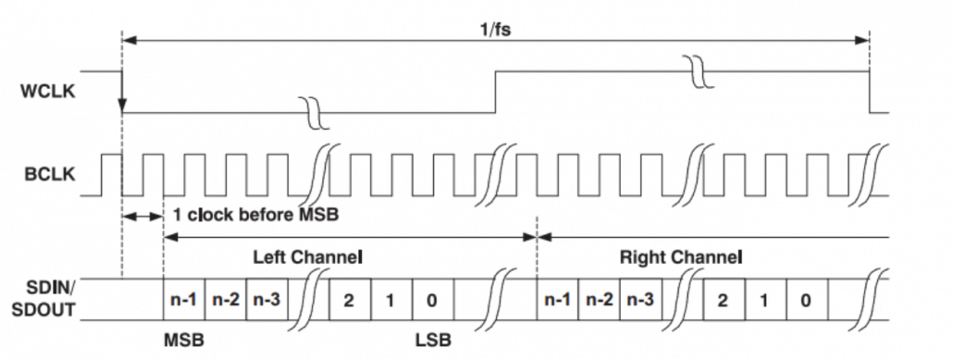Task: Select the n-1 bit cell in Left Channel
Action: [x=183, y=301]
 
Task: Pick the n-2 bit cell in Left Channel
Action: [x=225, y=301]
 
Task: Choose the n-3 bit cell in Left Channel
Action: [x=266, y=301]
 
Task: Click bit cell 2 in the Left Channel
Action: [x=351, y=301]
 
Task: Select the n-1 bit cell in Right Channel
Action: [x=558, y=301]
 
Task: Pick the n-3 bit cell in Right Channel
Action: [x=641, y=301]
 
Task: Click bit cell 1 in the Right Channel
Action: [x=766, y=301]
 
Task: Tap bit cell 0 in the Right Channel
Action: [x=807, y=301]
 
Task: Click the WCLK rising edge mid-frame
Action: [x=497, y=92]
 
